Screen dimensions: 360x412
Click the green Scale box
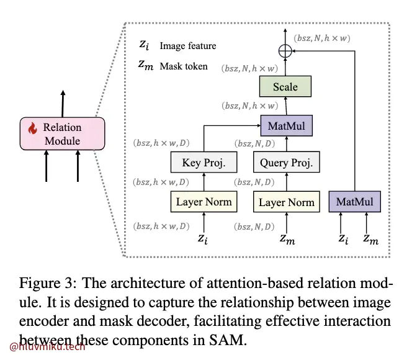tap(285, 87)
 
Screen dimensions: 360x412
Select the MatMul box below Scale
tap(285, 127)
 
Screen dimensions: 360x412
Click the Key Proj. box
tap(204, 163)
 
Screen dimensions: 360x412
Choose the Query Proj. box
tap(286, 163)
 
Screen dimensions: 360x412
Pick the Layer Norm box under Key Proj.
tap(204, 202)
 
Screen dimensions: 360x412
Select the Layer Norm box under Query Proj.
tap(286, 202)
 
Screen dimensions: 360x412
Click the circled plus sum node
tap(285, 52)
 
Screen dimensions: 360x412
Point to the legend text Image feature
tap(187, 46)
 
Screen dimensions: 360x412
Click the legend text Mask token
tap(184, 66)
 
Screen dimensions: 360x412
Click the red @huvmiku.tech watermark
tap(47, 346)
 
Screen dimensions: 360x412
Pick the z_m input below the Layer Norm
tap(285, 238)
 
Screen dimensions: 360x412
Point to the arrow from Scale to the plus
tap(285, 67)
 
